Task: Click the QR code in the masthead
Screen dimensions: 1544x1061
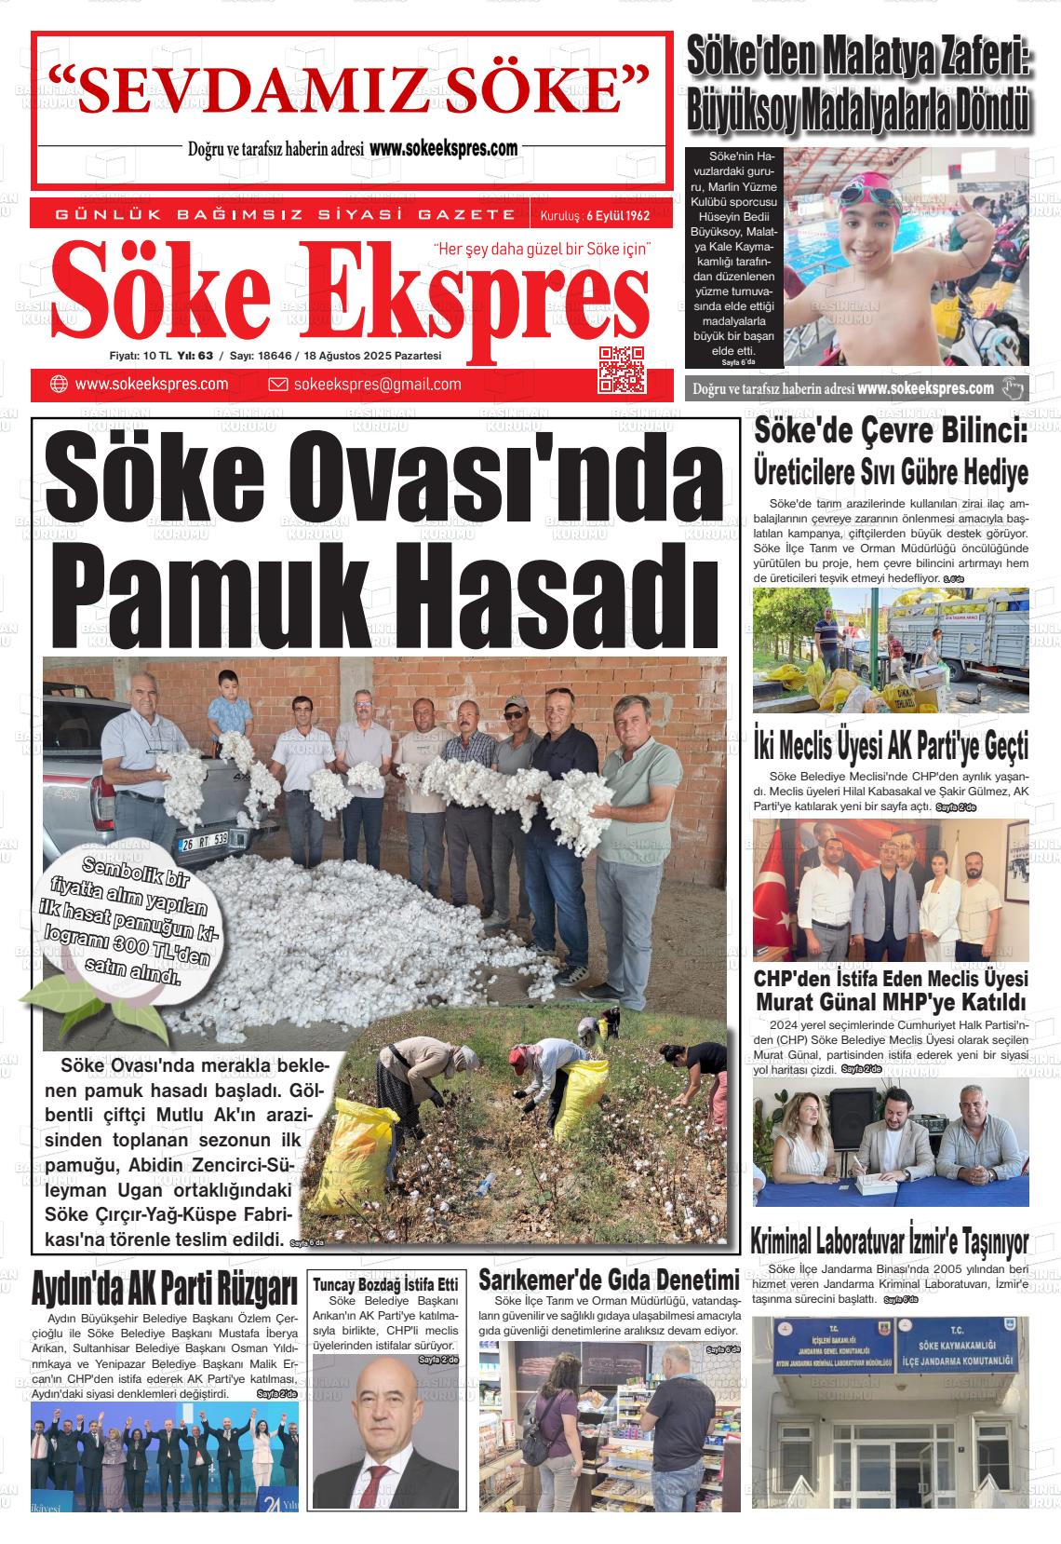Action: [x=622, y=369]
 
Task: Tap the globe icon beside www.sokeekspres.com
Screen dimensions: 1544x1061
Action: [x=59, y=385]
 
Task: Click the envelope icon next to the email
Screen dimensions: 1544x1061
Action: [x=277, y=385]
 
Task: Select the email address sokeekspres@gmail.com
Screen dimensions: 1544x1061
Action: [x=377, y=385]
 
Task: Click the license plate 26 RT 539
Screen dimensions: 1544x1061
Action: [x=204, y=839]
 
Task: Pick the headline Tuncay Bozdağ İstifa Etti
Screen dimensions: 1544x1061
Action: [x=385, y=1283]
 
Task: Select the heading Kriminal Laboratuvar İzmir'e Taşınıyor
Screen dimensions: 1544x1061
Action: [x=889, y=1242]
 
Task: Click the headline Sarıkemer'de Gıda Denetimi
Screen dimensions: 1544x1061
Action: [x=609, y=1279]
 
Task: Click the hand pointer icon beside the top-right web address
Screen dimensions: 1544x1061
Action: [x=1013, y=388]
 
